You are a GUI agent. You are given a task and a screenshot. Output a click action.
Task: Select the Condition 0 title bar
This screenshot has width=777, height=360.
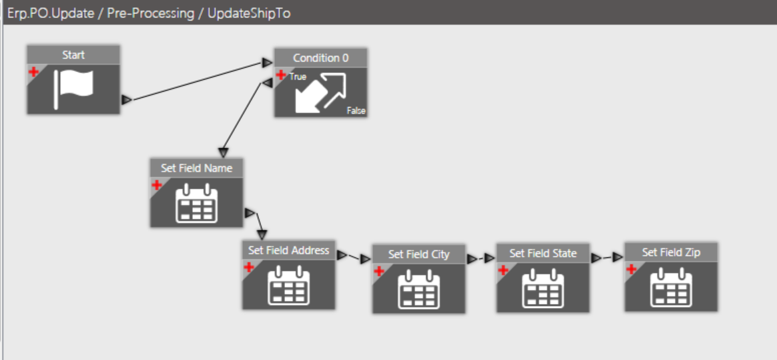pos(320,58)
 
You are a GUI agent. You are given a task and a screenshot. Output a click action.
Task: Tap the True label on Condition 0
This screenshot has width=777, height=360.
pos(298,77)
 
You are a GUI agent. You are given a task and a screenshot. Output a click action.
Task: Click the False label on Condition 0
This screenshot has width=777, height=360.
pos(356,111)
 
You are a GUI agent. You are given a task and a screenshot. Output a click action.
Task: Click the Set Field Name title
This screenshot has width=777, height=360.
pos(196,168)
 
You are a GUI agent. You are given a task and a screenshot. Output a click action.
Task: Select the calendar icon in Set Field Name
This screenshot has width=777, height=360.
pos(196,204)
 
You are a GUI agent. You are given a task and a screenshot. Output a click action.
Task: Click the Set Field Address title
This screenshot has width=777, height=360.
pos(288,250)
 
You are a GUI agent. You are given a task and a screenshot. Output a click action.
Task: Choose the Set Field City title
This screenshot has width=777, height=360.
pos(419,254)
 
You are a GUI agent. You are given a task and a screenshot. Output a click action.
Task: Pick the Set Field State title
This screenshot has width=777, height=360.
pos(543,254)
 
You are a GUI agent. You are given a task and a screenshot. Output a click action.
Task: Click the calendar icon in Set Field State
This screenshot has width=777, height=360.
pos(543,289)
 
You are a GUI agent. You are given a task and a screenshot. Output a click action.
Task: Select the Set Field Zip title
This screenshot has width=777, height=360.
pos(671,252)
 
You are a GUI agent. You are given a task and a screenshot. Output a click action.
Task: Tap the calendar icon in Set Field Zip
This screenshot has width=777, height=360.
pos(671,288)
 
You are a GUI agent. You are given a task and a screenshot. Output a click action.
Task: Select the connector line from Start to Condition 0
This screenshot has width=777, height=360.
pos(197,82)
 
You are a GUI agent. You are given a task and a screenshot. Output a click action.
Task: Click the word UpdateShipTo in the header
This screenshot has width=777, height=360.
pos(248,13)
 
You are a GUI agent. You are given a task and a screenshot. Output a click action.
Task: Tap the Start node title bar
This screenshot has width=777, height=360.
pos(73,55)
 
